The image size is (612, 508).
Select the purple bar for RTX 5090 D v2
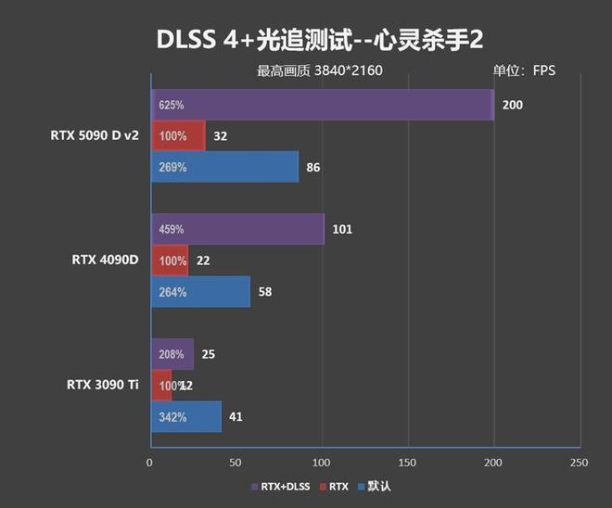click(x=322, y=105)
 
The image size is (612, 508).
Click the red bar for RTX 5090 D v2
click(x=178, y=136)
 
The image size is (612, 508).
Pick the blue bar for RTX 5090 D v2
click(x=224, y=168)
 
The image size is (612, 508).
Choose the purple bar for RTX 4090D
click(x=237, y=229)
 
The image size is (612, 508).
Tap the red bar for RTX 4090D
click(x=170, y=260)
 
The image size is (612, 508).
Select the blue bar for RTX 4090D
click(x=200, y=292)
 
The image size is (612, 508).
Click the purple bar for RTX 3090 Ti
click(x=172, y=354)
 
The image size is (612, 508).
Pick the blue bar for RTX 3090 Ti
click(x=186, y=417)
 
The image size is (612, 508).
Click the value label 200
click(x=512, y=105)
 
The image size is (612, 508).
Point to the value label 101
click(x=342, y=229)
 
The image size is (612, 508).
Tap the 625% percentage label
click(x=172, y=105)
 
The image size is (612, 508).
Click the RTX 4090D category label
click(x=105, y=260)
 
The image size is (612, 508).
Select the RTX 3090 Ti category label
click(x=103, y=384)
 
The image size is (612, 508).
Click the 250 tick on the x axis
click(x=580, y=461)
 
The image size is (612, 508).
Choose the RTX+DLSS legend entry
click(x=284, y=486)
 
